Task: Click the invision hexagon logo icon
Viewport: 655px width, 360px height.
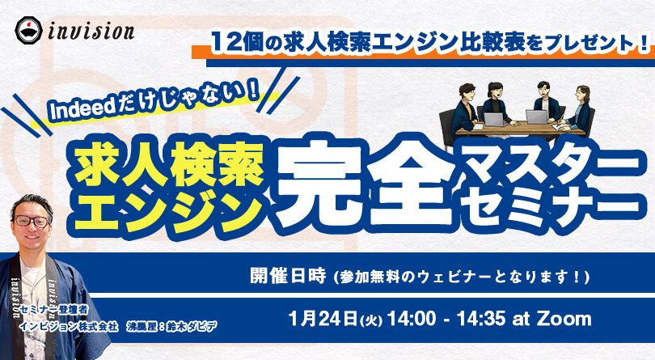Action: tap(29, 30)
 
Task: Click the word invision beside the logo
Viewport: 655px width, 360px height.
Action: tap(91, 32)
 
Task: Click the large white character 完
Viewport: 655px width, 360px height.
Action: tap(319, 184)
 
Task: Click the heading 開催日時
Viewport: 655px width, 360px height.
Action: tap(288, 276)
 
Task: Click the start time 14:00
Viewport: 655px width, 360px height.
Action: tap(412, 319)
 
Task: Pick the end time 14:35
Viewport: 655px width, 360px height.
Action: tap(481, 319)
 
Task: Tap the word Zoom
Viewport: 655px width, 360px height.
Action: tap(564, 319)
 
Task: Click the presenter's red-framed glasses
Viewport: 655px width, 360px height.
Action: tap(32, 221)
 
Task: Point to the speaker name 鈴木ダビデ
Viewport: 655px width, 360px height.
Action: tap(192, 326)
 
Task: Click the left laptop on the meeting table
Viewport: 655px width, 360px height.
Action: tap(496, 119)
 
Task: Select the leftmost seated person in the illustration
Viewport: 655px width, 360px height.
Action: tap(464, 111)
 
